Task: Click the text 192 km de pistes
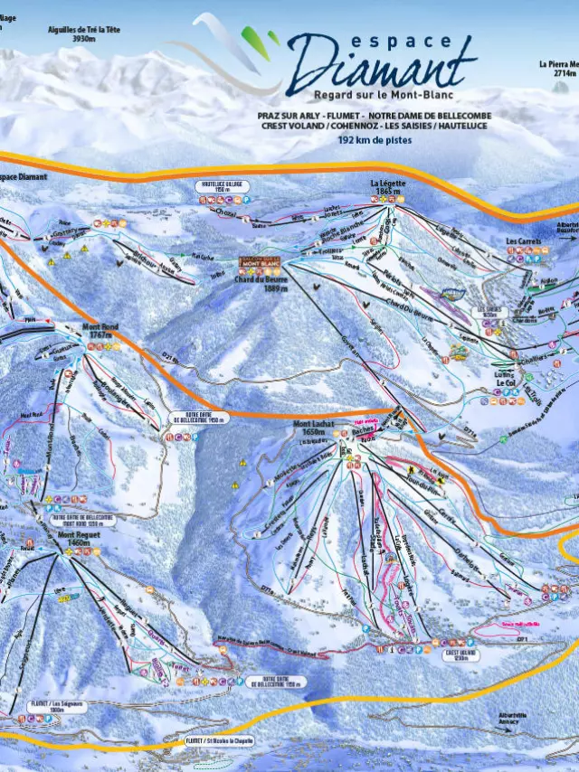click(373, 140)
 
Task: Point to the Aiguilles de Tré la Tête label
click(83, 34)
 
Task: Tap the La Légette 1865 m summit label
click(388, 187)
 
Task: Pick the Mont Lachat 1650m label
click(314, 428)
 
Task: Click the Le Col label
click(505, 383)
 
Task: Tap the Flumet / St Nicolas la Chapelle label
click(219, 740)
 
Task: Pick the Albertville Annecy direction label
click(511, 718)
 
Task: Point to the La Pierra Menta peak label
click(558, 69)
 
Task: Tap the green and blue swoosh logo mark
click(242, 45)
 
